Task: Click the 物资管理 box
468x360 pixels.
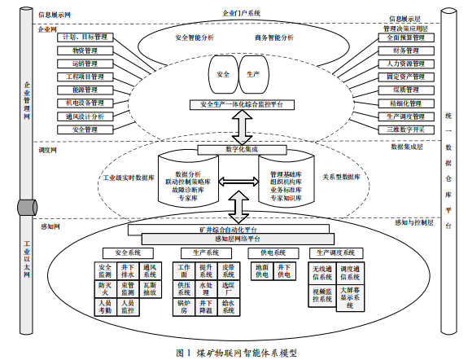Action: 83,50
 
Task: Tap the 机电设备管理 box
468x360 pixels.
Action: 83,103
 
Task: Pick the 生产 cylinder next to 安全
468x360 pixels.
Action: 254,74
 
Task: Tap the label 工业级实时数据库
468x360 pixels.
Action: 126,177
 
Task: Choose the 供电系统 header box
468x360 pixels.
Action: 272,251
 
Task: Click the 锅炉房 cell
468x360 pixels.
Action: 184,308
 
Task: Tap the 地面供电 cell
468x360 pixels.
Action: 261,270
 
